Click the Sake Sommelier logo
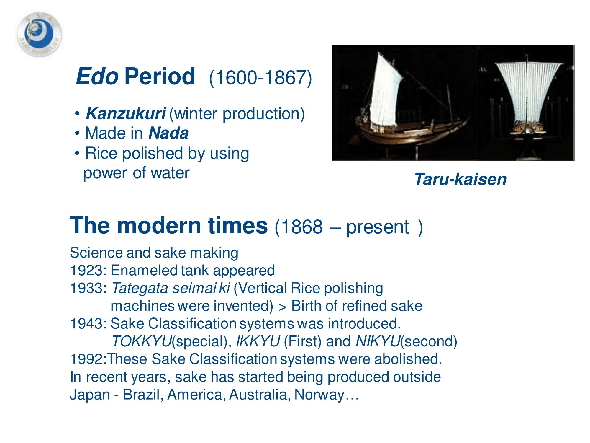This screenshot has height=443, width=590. pos(39,35)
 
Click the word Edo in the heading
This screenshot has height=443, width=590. pos(97,76)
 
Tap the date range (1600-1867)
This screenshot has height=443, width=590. pos(260,78)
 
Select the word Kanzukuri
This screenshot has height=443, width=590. pos(126,113)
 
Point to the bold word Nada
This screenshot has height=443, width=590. pos(168,133)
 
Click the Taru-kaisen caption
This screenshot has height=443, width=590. pos(460,179)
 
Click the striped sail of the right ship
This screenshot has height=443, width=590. pos(528,92)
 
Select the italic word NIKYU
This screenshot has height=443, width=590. pos(378,341)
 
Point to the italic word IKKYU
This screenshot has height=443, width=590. pos(258,341)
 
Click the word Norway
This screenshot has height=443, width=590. pos(319,395)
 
